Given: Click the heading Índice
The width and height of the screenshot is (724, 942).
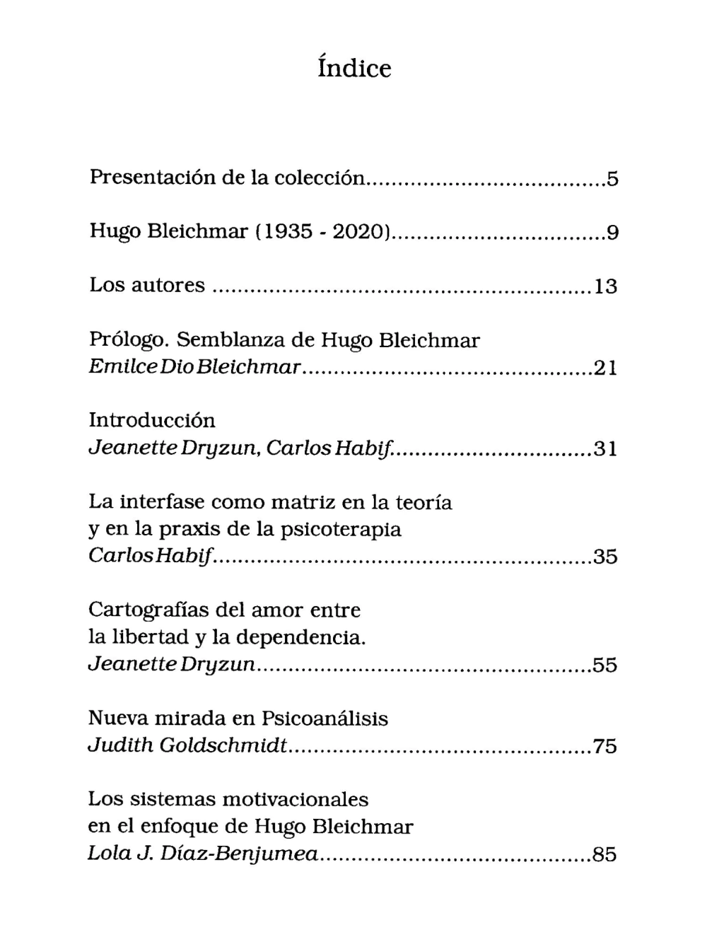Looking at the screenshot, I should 354,68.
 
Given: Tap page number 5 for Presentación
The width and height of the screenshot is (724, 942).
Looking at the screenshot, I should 612,179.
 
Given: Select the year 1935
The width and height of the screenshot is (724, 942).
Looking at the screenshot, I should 288,231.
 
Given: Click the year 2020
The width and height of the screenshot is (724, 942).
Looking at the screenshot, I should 358,231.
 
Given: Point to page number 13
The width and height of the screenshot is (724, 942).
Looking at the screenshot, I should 605,286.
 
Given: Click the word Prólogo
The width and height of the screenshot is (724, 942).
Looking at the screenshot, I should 129,342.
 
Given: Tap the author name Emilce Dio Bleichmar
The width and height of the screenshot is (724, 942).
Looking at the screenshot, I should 195,368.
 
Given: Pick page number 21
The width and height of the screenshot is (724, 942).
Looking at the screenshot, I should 605,368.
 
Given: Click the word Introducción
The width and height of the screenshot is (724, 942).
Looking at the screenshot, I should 152,420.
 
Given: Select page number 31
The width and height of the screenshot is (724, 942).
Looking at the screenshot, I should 605,449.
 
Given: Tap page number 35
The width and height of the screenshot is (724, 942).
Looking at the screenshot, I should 605,557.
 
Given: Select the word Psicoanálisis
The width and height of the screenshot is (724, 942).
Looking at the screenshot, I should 325,719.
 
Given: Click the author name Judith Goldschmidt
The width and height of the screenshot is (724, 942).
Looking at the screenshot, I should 187,746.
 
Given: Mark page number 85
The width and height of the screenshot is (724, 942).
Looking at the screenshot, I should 605,855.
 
